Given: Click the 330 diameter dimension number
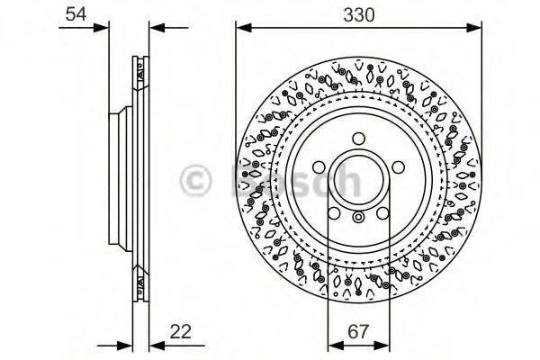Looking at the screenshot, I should [357, 13].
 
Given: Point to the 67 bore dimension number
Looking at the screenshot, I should [358, 332].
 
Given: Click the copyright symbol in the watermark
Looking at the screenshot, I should [198, 180].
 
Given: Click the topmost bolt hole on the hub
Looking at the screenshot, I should [358, 139].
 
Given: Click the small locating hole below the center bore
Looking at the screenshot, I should [358, 217].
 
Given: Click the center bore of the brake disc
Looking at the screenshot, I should [358, 177].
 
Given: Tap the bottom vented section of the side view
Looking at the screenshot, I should [140, 284].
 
